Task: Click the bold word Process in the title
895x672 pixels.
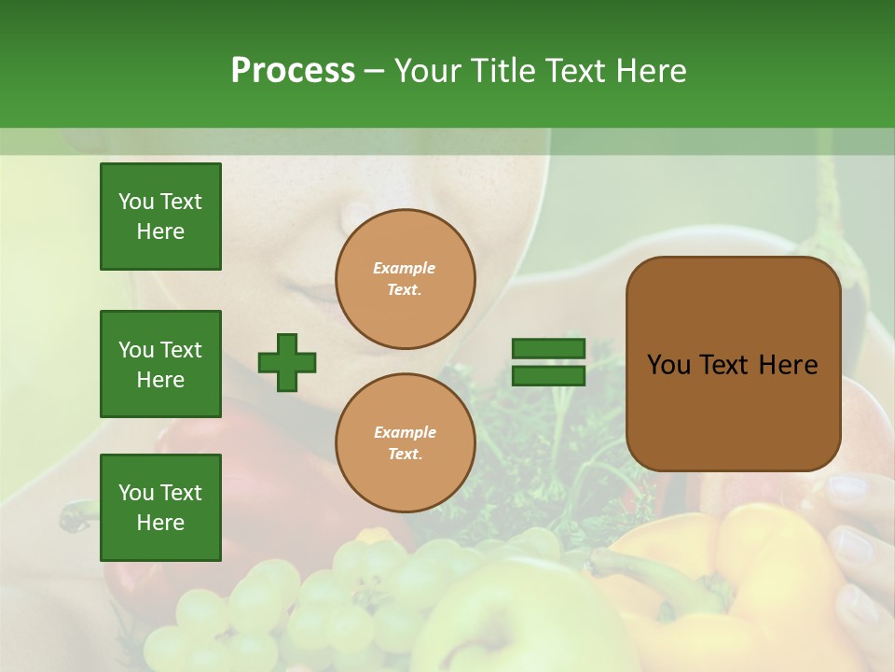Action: (x=293, y=71)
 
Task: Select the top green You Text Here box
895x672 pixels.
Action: (x=160, y=217)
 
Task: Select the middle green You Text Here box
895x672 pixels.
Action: (x=160, y=364)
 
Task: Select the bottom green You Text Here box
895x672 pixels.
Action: (x=160, y=508)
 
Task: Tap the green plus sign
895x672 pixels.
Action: (x=287, y=362)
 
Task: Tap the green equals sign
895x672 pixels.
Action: (x=548, y=362)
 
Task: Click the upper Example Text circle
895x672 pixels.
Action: (x=405, y=279)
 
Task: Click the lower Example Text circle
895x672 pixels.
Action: (x=405, y=443)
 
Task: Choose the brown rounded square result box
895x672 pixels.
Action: (x=733, y=364)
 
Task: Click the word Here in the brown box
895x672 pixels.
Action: (x=788, y=365)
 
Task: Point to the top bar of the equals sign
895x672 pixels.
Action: (x=548, y=349)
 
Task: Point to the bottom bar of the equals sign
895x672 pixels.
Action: (x=548, y=376)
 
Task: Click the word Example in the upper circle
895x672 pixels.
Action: (x=405, y=269)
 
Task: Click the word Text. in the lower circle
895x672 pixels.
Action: (x=405, y=455)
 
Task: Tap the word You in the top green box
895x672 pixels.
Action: (x=136, y=202)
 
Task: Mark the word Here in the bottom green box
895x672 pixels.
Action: (x=160, y=523)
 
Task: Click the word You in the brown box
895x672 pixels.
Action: (x=668, y=365)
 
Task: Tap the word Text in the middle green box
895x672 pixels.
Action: (x=181, y=350)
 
